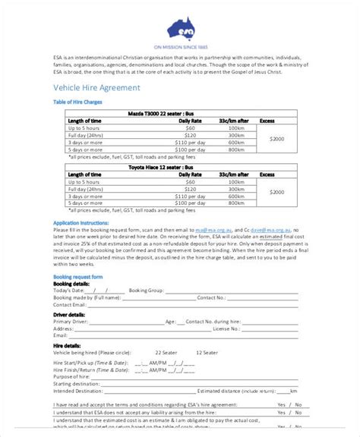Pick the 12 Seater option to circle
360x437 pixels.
pyautogui.click(x=207, y=353)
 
